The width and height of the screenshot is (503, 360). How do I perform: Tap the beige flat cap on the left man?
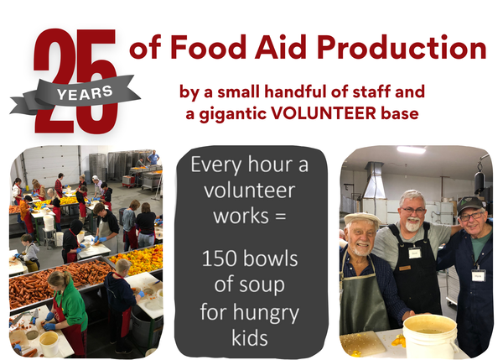(363, 220)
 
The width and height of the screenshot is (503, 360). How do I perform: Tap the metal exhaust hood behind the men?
(374, 180)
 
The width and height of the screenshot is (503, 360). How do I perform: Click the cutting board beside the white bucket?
(367, 342)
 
